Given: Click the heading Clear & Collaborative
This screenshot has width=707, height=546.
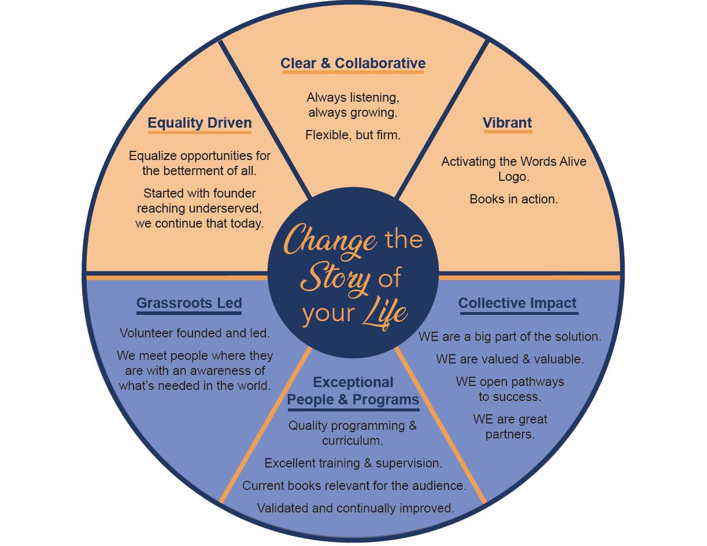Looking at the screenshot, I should pyautogui.click(x=353, y=64).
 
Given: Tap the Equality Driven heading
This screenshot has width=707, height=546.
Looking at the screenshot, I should pyautogui.click(x=199, y=123).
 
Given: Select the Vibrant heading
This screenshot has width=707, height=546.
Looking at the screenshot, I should pyautogui.click(x=507, y=123).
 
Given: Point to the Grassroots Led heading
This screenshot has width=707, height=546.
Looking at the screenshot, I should pyautogui.click(x=189, y=303).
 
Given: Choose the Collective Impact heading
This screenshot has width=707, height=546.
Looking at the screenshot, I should pyautogui.click(x=517, y=303).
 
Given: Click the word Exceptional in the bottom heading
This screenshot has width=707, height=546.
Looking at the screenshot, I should pyautogui.click(x=353, y=382).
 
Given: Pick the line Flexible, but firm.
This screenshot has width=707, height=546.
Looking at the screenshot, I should pyautogui.click(x=353, y=135).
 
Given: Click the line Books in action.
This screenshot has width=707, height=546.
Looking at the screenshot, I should pyautogui.click(x=513, y=199).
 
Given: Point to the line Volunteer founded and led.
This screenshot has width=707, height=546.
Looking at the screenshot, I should pyautogui.click(x=195, y=333).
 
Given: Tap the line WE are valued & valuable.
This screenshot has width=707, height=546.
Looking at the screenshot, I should pyautogui.click(x=510, y=359).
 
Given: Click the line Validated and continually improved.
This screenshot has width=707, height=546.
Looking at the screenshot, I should pyautogui.click(x=355, y=508).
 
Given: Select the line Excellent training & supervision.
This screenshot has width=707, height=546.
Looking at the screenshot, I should pyautogui.click(x=353, y=463).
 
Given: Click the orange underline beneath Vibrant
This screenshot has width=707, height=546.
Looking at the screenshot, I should pyautogui.click(x=507, y=132).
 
